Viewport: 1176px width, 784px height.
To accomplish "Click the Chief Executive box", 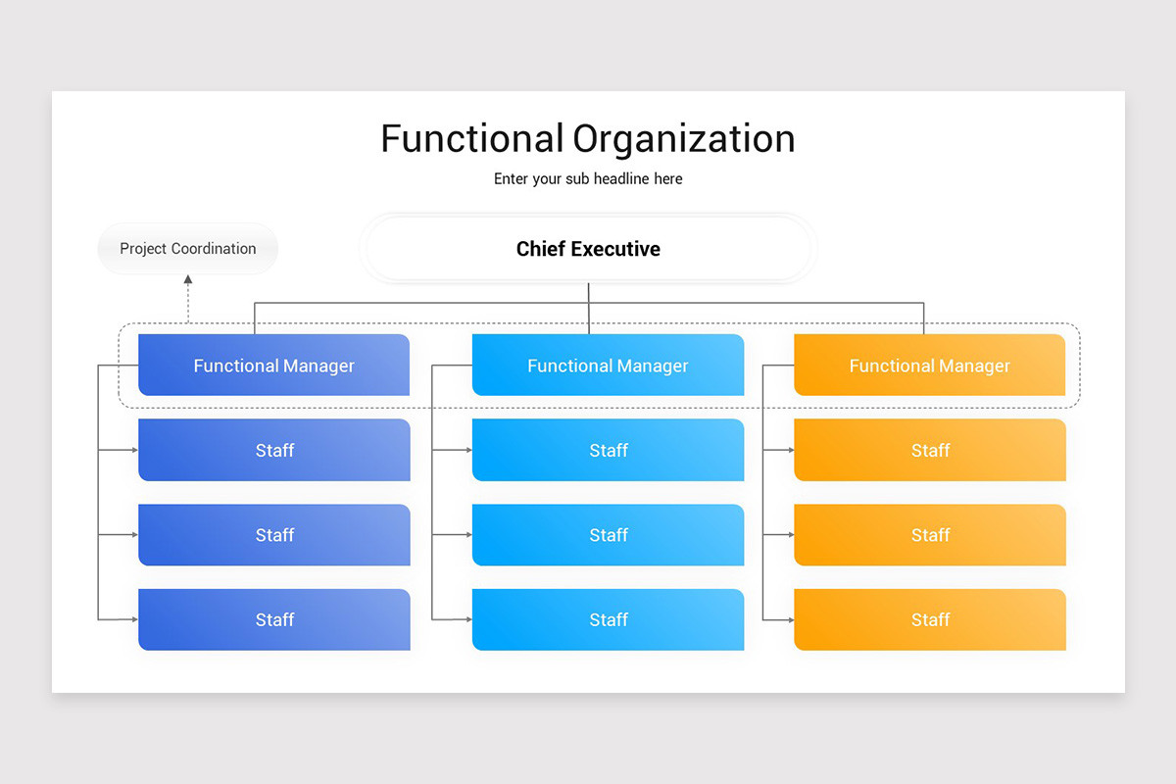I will pos(588,249).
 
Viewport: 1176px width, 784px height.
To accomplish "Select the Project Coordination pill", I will pos(188,249).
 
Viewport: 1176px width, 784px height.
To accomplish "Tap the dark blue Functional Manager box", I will pos(273,366).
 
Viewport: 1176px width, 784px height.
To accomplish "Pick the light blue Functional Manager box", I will pos(608,366).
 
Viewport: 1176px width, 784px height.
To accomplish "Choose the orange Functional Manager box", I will pos(929,366).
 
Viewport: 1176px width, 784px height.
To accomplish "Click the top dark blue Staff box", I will pos(273,451).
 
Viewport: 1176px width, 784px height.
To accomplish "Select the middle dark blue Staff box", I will pos(273,535).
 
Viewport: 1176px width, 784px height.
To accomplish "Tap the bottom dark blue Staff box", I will pos(273,619).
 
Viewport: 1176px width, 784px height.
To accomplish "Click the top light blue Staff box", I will pos(608,451).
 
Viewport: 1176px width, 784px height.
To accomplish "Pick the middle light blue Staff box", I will pos(608,535).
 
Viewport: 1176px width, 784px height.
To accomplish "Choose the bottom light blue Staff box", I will pos(608,619).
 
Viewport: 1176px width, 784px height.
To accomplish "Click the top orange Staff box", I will pos(929,451).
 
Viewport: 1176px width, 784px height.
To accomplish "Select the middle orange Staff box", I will pos(929,535).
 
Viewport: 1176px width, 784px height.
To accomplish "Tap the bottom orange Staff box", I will pos(929,619).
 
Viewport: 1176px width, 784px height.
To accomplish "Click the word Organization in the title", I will pos(684,139).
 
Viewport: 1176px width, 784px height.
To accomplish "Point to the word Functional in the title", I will pos(471,139).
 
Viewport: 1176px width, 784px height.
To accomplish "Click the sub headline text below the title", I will pos(588,179).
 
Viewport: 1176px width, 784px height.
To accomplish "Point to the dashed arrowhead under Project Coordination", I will pos(188,280).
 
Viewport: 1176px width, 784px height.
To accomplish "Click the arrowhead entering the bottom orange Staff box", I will pos(790,619).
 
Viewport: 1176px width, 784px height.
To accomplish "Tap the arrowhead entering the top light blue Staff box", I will pos(467,451).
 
